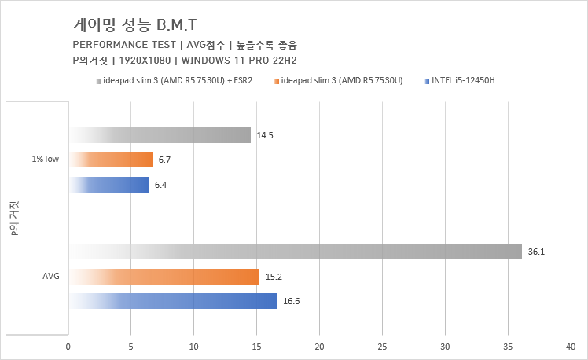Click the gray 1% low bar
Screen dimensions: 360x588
160,135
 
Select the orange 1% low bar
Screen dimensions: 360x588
111,160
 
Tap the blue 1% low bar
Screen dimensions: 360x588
108,185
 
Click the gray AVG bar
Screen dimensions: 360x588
295,252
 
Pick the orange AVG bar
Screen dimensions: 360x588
164,276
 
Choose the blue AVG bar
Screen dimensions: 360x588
172,301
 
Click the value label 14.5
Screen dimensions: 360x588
265,136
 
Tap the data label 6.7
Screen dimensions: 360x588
164,160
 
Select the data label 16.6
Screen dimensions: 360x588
291,302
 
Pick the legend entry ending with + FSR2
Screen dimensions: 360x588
178,80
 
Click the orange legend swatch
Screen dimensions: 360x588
277,80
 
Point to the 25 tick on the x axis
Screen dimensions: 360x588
382,346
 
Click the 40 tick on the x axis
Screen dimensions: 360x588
571,346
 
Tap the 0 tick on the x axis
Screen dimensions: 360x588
68,346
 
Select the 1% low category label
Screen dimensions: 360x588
45,160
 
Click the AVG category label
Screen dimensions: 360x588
51,276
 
